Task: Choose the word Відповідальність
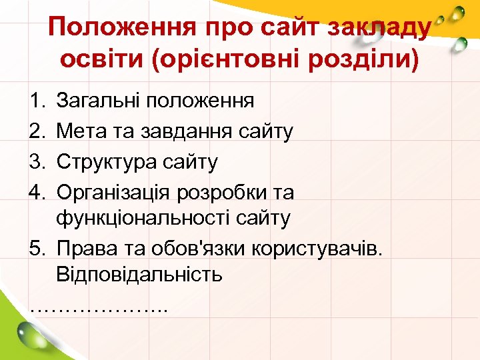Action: [x=139, y=273]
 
